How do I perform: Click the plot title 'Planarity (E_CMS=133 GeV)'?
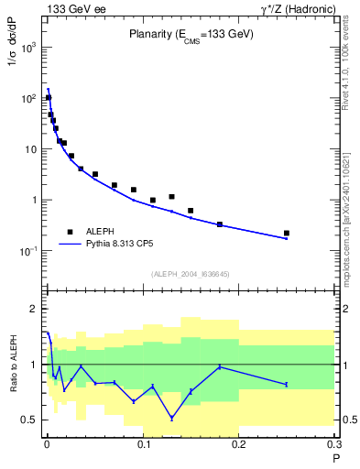[190, 34]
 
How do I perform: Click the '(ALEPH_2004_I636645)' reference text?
[189, 273]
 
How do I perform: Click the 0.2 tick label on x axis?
[239, 444]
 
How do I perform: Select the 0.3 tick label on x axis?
[333, 444]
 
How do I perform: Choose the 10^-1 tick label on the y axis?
[29, 251]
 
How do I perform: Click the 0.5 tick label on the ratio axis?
[31, 420]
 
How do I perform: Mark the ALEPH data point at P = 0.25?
[287, 233]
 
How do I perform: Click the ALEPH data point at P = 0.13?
[171, 196]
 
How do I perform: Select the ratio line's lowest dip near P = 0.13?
[171, 419]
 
